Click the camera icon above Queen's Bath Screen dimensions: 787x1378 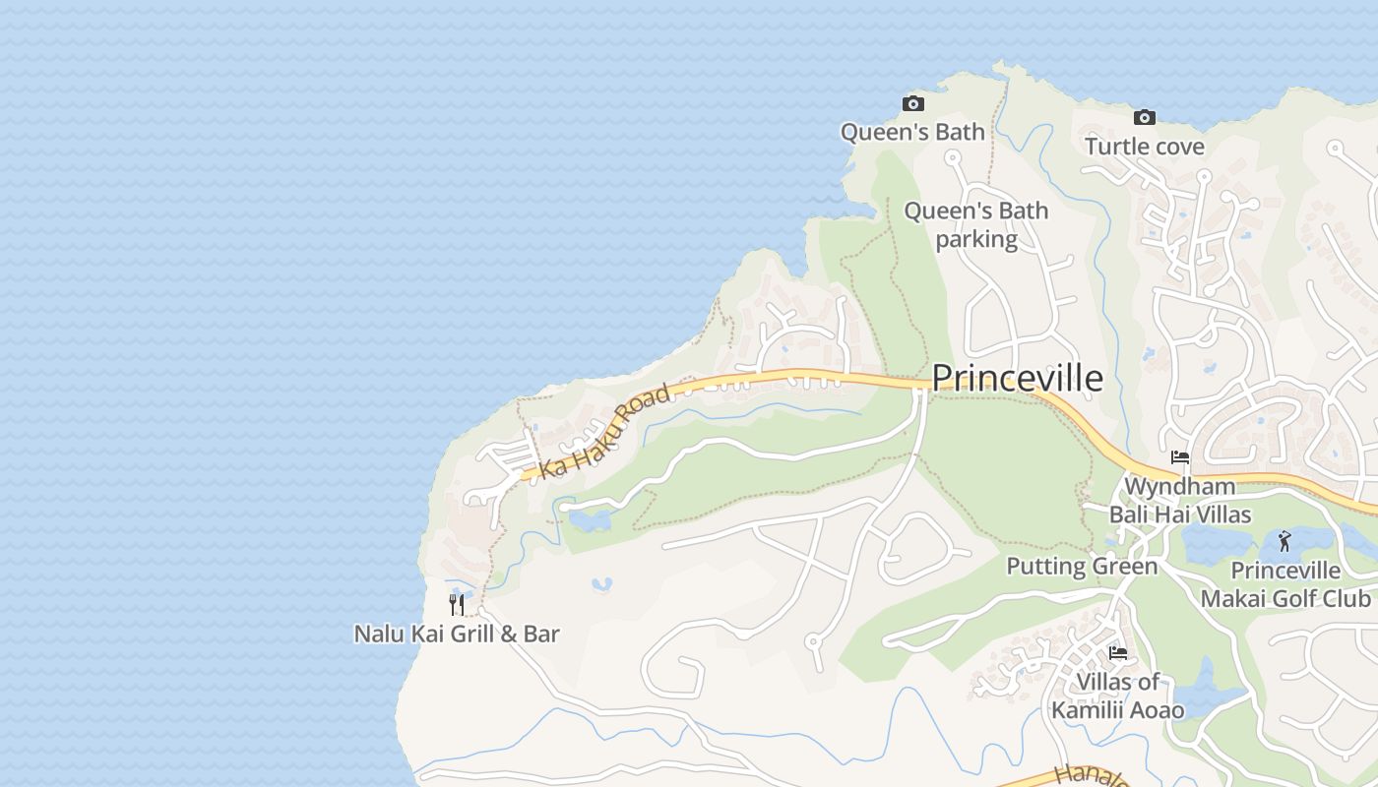tap(913, 103)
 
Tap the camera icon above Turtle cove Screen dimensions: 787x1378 tap(1144, 117)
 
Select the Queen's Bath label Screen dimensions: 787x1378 tap(912, 132)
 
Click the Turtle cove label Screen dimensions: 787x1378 tap(1144, 147)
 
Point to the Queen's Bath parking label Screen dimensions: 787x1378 tap(976, 224)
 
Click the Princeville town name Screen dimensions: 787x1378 tap(1017, 378)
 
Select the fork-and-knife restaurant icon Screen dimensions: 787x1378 tap(457, 604)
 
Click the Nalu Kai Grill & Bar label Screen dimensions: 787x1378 tap(457, 634)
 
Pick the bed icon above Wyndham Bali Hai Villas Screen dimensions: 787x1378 tap(1179, 457)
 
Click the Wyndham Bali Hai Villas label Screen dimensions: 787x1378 tap(1179, 500)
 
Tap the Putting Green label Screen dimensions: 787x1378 tap(1082, 566)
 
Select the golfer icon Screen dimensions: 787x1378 tap(1284, 541)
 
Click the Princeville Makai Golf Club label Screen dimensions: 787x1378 tap(1285, 584)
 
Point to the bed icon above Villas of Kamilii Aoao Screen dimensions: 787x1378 tap(1117, 652)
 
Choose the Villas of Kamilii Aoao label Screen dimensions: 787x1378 tap(1117, 696)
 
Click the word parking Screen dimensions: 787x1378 tap(976, 239)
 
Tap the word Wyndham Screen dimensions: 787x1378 tap(1179, 486)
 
